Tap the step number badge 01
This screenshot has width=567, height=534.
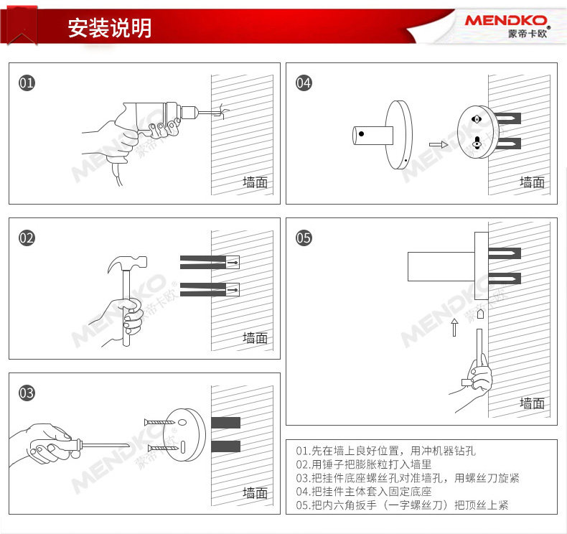click(x=27, y=83)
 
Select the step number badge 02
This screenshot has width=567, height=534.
click(x=27, y=238)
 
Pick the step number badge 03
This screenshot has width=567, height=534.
click(x=27, y=393)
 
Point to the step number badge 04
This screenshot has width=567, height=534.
click(x=304, y=83)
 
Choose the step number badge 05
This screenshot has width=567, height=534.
click(x=304, y=238)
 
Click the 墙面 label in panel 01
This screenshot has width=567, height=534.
click(x=255, y=182)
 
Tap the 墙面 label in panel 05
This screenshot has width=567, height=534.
click(x=532, y=403)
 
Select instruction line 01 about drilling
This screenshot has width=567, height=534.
click(x=385, y=451)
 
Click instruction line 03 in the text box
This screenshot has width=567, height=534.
click(x=407, y=478)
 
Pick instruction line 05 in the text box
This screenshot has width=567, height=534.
click(x=402, y=505)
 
